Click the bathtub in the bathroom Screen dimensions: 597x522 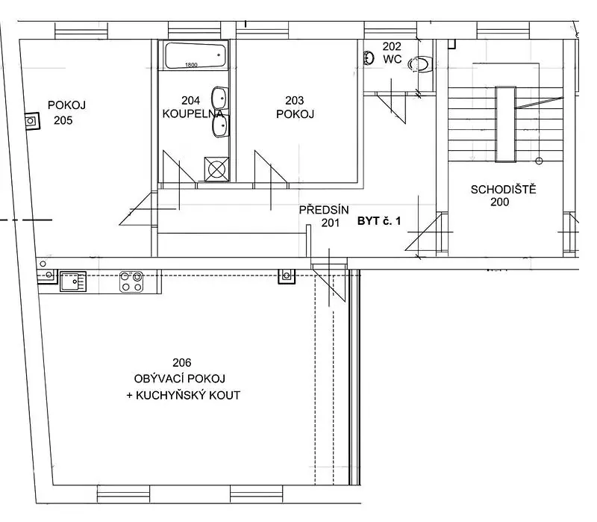(x=195, y=55)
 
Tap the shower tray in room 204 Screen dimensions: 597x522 (x=216, y=169)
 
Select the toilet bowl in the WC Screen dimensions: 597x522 (x=421, y=64)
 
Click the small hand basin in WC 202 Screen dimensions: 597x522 (x=369, y=58)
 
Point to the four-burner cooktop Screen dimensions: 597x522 (x=131, y=282)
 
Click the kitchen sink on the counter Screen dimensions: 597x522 (x=73, y=282)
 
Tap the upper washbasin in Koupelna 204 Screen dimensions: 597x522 (x=219, y=98)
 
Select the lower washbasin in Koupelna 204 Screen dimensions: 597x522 (x=220, y=126)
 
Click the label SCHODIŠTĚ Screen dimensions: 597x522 (x=503, y=190)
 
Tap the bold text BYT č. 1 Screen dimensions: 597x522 (x=379, y=221)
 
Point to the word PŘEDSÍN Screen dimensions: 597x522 (x=324, y=210)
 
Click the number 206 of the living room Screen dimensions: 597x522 (x=182, y=362)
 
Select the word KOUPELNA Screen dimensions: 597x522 (x=193, y=114)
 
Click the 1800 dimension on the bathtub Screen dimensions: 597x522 (x=191, y=65)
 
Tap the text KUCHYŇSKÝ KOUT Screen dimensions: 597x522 (x=188, y=395)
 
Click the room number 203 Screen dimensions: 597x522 (x=295, y=100)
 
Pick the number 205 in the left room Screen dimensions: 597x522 (x=63, y=120)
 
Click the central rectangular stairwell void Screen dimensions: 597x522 (x=506, y=124)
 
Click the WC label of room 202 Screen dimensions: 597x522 (x=393, y=59)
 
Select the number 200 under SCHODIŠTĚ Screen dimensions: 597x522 (x=500, y=202)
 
